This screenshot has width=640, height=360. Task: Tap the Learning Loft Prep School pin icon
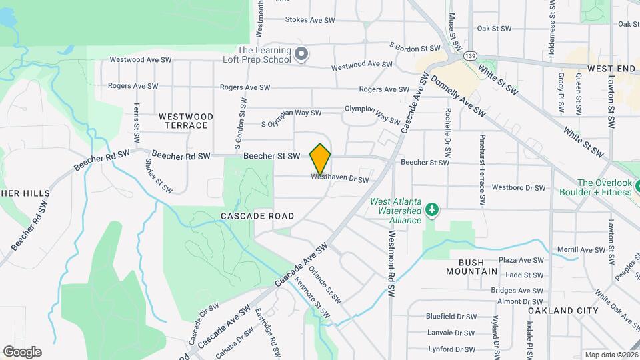301,54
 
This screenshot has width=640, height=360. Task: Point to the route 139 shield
471,55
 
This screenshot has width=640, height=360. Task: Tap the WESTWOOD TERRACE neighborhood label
186,121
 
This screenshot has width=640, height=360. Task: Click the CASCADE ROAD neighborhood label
257,216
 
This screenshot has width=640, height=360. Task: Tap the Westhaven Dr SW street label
340,179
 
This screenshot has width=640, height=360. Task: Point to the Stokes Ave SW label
310,20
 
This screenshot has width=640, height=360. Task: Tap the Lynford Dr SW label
451,349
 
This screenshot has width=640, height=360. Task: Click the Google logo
21,351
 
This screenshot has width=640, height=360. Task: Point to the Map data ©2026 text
611,355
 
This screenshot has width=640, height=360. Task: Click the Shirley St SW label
158,179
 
